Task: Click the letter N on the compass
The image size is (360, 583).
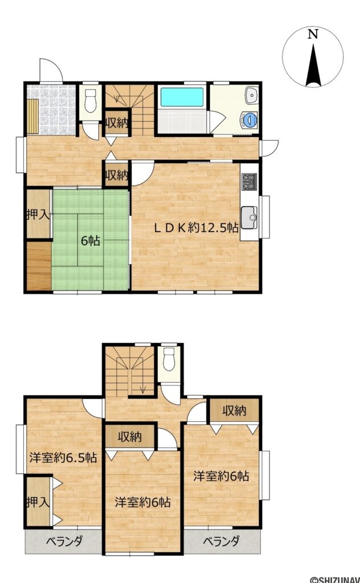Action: (x=313, y=35)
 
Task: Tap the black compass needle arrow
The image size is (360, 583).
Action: (x=313, y=65)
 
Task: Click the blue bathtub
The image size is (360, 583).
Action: (x=182, y=97)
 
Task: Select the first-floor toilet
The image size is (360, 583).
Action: (x=91, y=100)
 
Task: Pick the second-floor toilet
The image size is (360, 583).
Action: (x=169, y=359)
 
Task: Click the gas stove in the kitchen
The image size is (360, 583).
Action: (x=249, y=182)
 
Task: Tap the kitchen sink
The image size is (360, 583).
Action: (x=249, y=218)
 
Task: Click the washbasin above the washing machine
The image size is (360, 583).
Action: (x=252, y=95)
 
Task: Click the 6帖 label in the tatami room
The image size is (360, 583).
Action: (x=91, y=241)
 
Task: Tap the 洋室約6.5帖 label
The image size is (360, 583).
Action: (x=63, y=457)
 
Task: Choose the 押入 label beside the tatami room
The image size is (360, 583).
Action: (x=38, y=215)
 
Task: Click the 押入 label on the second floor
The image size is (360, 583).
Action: (x=38, y=502)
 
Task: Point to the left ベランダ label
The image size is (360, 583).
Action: (x=64, y=541)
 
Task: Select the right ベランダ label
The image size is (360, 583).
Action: (x=221, y=541)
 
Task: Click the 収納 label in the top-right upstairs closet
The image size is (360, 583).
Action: (x=234, y=411)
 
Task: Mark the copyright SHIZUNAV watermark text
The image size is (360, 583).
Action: (x=335, y=579)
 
